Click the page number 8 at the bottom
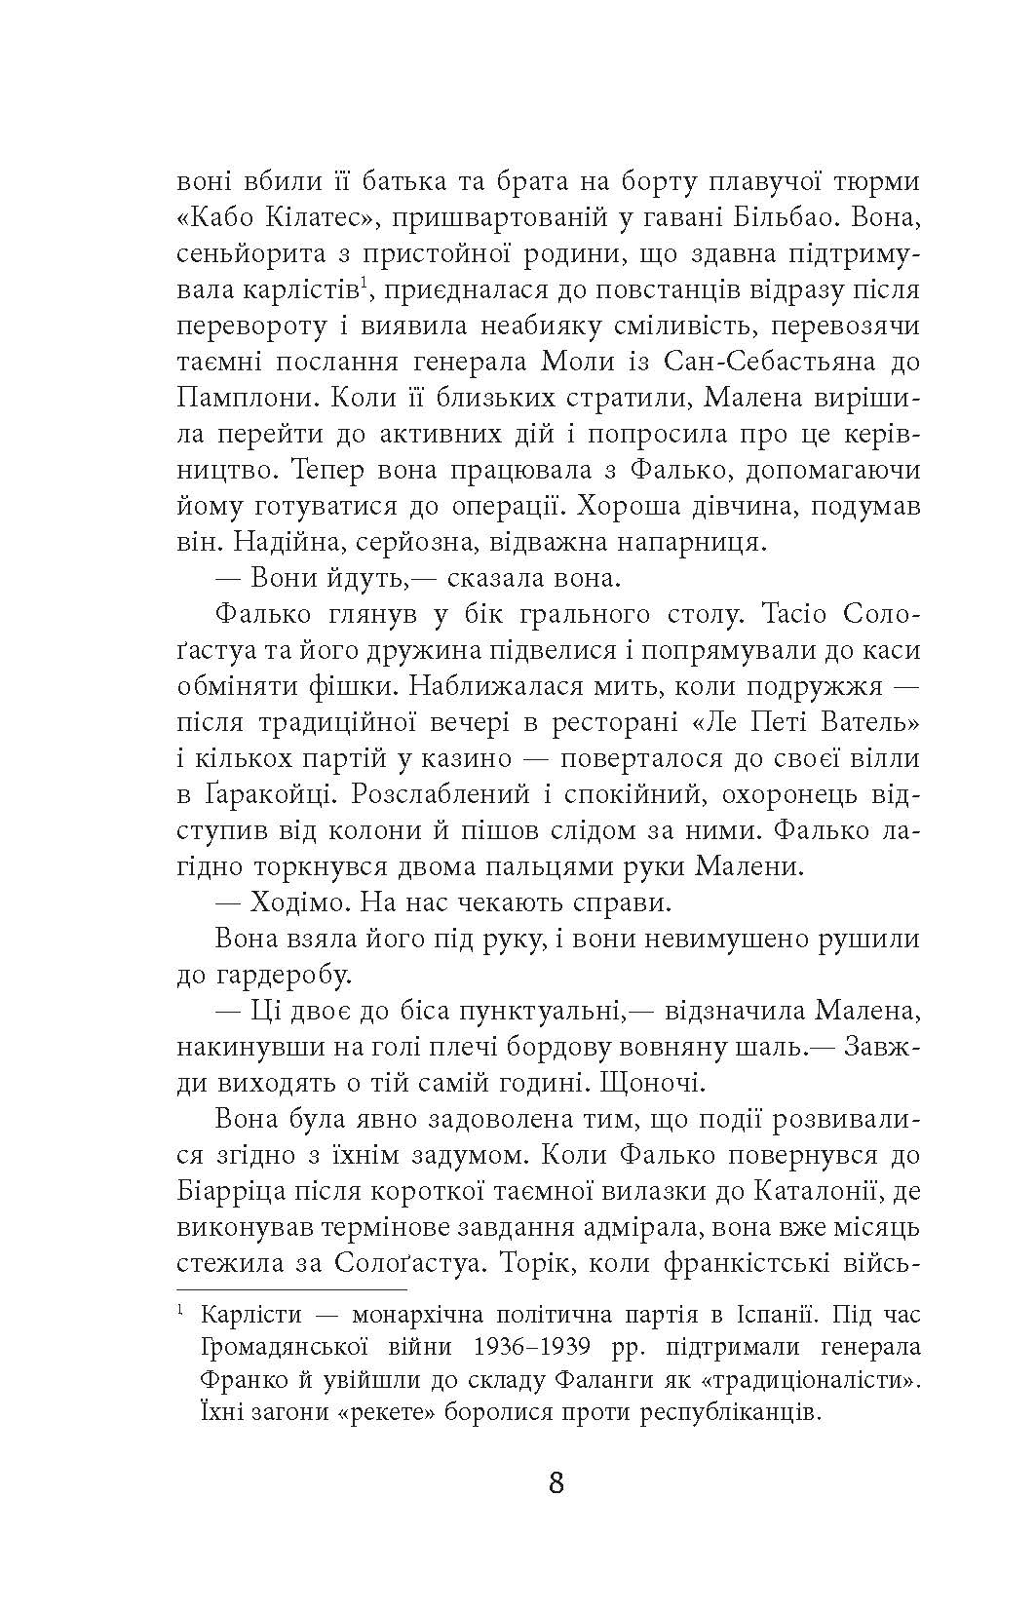[x=556, y=1484]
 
